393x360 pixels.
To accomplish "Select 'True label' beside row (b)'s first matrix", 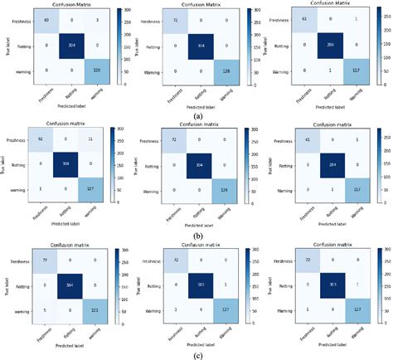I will point(6,162).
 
